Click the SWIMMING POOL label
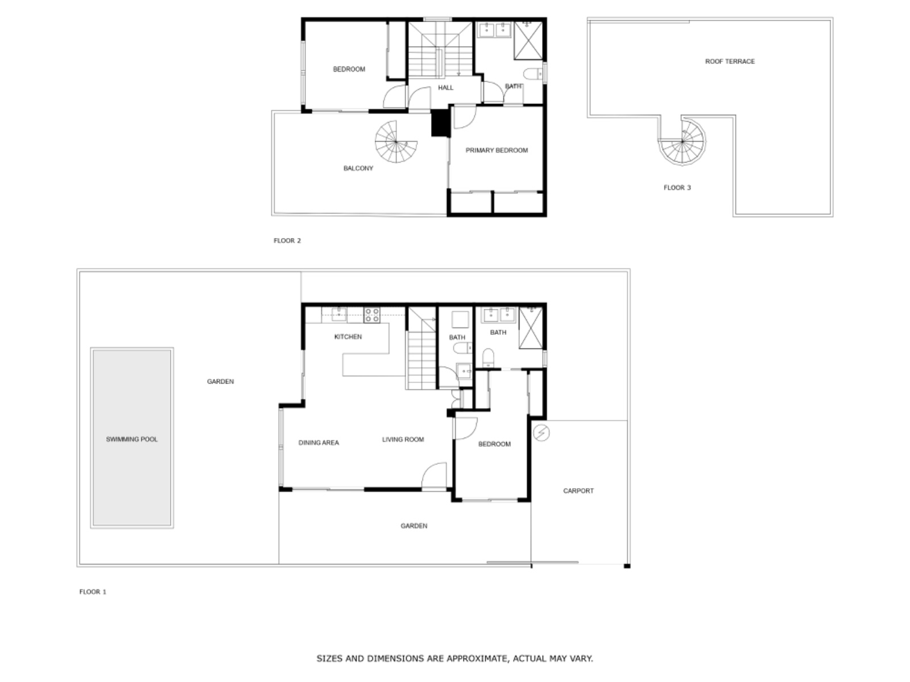(x=131, y=439)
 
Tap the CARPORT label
(x=578, y=491)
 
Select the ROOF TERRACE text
(x=730, y=61)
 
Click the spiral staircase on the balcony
(x=396, y=142)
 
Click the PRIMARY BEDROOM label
(x=497, y=151)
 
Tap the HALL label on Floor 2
(x=445, y=88)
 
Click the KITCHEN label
(x=348, y=337)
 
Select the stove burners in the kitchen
(x=372, y=315)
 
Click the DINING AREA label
(x=318, y=443)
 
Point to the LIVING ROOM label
(x=403, y=439)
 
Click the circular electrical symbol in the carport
(x=541, y=433)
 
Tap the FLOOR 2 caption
(x=287, y=241)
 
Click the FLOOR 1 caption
(x=93, y=592)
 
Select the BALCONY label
(x=358, y=168)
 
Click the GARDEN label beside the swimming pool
(x=220, y=382)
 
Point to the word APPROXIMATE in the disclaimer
(x=475, y=659)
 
